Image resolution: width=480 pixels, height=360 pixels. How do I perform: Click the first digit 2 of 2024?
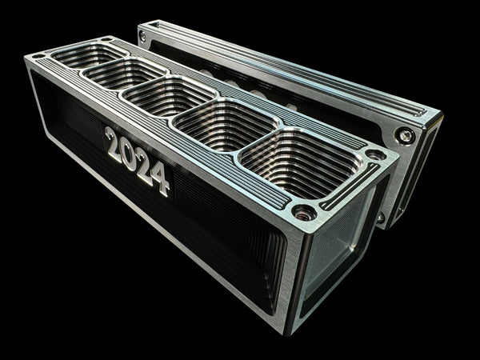coord(113,144)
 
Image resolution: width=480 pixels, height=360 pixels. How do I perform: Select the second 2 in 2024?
coord(143,166)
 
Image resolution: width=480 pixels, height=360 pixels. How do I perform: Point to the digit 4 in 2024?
coord(160,179)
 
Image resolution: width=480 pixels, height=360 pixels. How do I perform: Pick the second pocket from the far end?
coord(125,74)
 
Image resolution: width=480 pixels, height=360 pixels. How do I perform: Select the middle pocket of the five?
coord(169,96)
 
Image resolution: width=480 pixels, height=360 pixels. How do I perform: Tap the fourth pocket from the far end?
coord(226,125)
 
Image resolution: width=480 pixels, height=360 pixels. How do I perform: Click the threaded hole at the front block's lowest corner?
coord(304,213)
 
